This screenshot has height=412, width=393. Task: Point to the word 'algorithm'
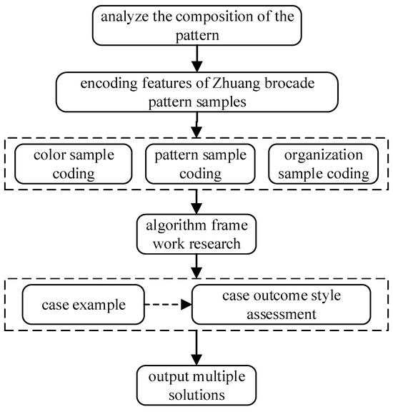point(170,225)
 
